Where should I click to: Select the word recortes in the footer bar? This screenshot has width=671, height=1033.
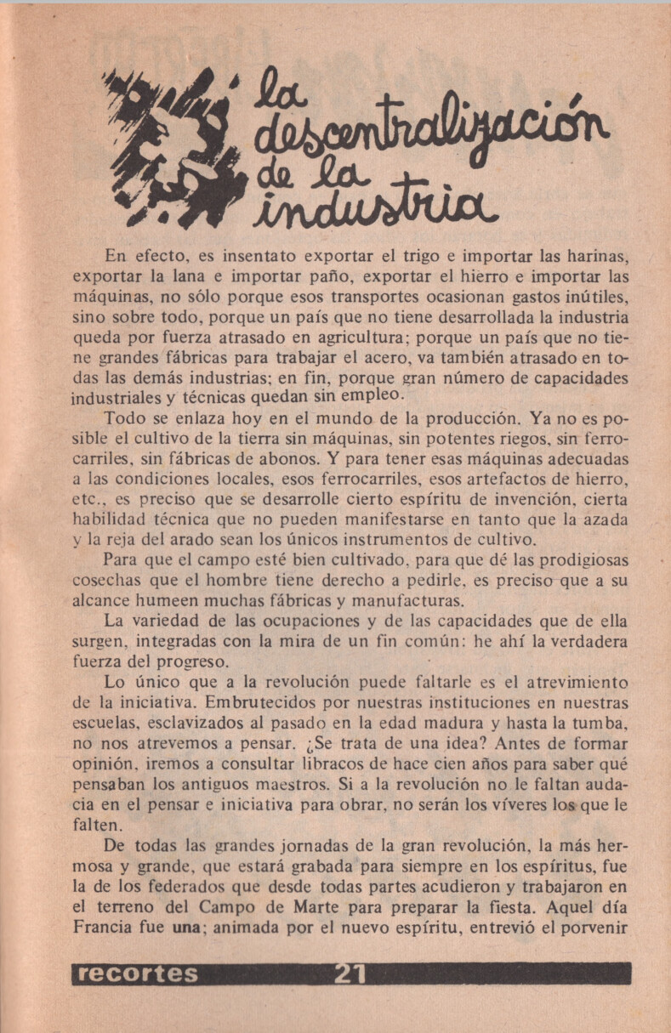pos(137,973)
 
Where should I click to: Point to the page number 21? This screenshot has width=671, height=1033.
pos(350,973)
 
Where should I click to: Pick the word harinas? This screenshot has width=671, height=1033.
pos(597,255)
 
